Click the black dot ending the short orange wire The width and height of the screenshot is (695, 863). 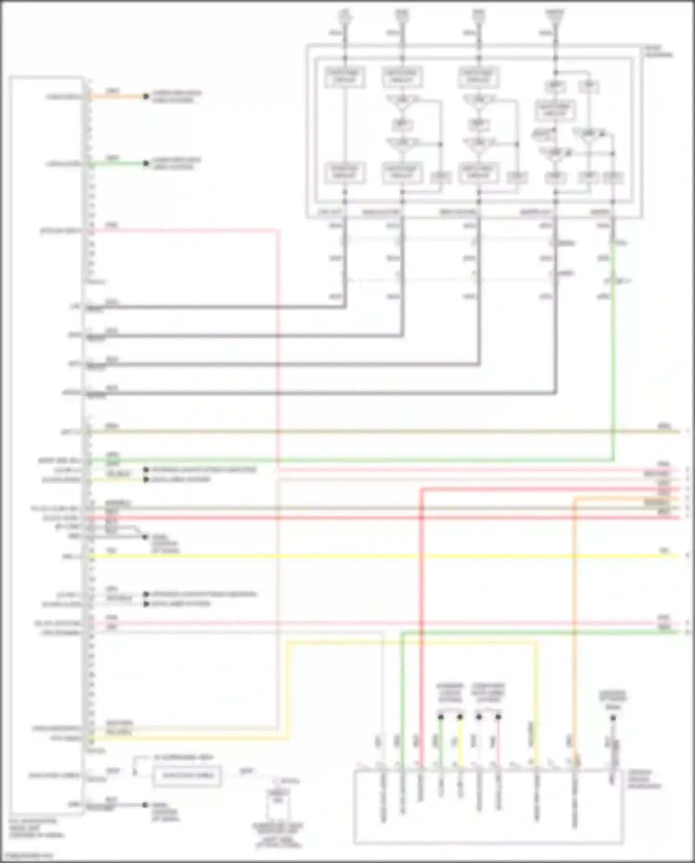(146, 96)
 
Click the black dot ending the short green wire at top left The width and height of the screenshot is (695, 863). (146, 163)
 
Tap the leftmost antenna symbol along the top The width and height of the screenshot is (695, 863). (344, 16)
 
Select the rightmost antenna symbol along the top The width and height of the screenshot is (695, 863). (555, 16)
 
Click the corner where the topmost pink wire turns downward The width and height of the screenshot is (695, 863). (278, 230)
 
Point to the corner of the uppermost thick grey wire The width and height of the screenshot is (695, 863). (345, 307)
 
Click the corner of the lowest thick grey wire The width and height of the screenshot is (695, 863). (555, 393)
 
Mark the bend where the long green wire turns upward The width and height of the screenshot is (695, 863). (613, 460)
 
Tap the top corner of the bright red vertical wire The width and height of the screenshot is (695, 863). (422, 489)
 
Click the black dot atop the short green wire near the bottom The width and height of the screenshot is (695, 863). (441, 717)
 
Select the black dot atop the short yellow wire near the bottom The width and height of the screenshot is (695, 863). (460, 717)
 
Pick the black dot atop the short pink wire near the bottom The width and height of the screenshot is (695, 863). (498, 717)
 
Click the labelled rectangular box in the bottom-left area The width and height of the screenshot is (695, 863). (187, 775)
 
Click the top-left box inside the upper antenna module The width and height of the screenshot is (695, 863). (345, 77)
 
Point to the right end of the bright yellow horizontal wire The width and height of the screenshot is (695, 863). (677, 556)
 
